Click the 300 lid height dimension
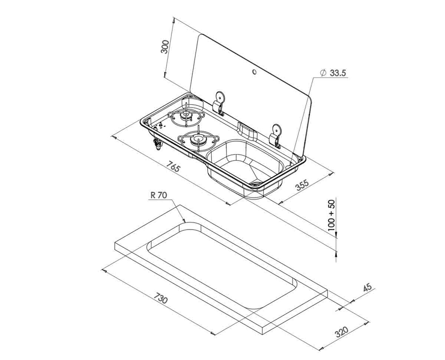click(165, 47)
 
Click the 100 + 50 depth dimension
click(332, 215)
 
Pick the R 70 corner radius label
click(159, 195)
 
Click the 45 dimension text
click(367, 287)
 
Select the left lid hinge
click(220, 103)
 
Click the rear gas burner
click(186, 115)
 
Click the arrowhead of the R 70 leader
click(184, 221)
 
